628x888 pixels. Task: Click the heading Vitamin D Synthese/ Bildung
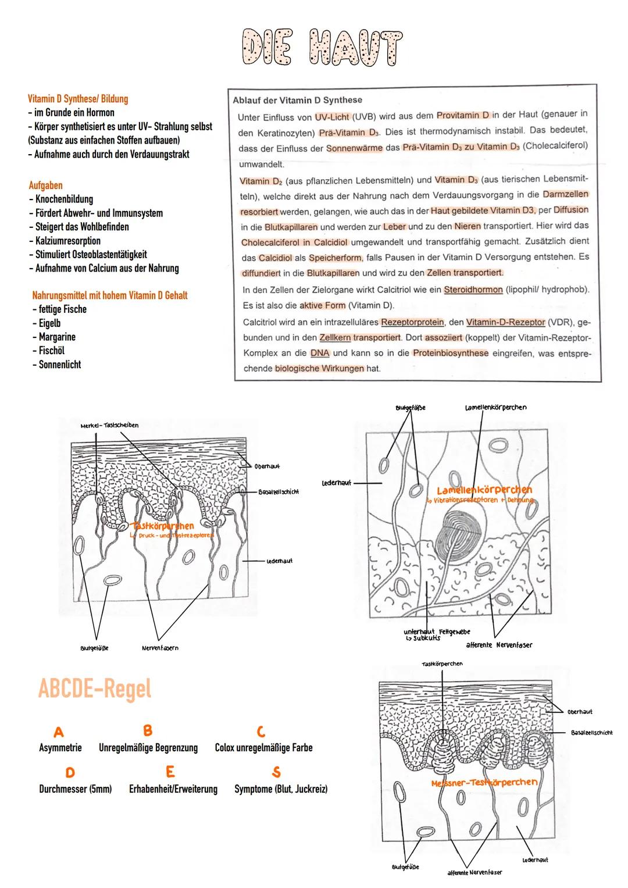tap(78, 99)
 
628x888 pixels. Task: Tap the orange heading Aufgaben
tap(45, 186)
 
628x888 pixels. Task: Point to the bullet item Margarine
tap(57, 337)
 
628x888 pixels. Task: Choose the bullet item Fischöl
tap(51, 351)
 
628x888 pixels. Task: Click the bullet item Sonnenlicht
tap(60, 365)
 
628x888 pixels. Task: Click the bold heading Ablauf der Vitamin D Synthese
tap(297, 100)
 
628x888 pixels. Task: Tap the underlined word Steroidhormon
tap(473, 290)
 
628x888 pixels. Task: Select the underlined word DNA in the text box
tap(320, 353)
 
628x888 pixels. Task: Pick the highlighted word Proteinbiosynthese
tap(451, 353)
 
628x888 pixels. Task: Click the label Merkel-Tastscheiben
tap(109, 425)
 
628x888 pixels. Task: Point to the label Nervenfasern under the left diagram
tap(160, 648)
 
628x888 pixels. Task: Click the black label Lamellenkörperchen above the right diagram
tap(495, 407)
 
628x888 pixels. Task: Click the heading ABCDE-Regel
tap(94, 689)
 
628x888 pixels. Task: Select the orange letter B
tap(147, 730)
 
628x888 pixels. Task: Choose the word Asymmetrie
tap(60, 748)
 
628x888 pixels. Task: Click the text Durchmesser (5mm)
tap(75, 789)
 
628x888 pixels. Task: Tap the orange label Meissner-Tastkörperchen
tap(484, 783)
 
